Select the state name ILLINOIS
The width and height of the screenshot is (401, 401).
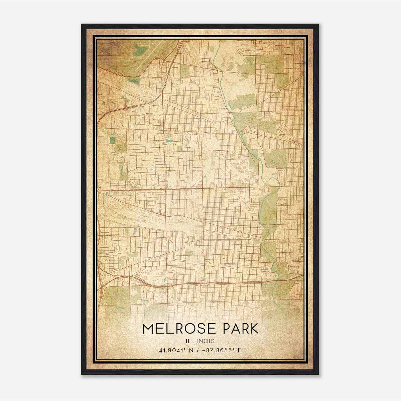[x=200, y=341]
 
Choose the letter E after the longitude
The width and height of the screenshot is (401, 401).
[x=240, y=350]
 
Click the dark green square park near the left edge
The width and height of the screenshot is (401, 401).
[x=113, y=140]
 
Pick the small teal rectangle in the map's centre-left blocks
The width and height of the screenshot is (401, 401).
[x=168, y=141]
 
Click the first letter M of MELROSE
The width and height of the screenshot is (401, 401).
[x=148, y=329]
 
